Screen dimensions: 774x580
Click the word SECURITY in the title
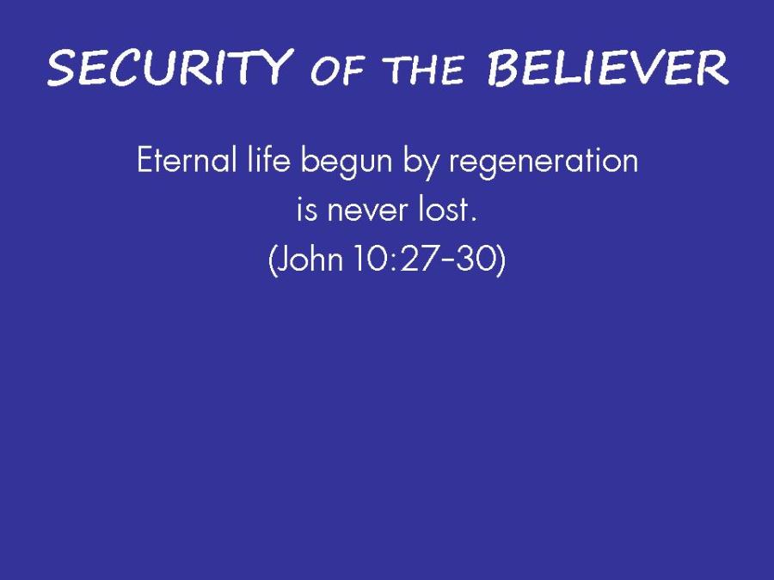[x=168, y=67]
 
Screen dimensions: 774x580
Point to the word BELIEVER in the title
[x=608, y=68]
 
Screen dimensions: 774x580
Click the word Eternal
[x=187, y=160]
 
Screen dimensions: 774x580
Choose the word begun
[x=347, y=162]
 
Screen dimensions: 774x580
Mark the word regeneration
[x=544, y=162]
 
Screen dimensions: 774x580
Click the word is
[x=306, y=209]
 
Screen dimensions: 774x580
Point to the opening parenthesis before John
[x=272, y=260]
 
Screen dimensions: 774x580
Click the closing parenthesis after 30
[x=502, y=260]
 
